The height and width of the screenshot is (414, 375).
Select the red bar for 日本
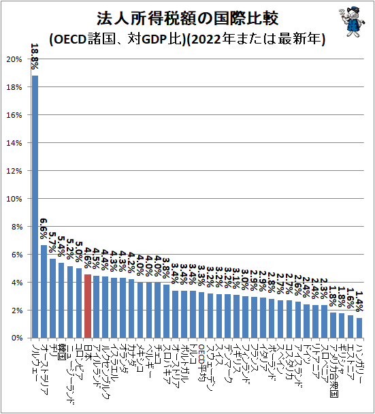(x=88, y=306)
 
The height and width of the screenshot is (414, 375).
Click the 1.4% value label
(x=359, y=301)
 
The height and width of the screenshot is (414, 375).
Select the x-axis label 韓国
(x=61, y=351)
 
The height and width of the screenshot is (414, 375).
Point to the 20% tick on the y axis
(x=14, y=59)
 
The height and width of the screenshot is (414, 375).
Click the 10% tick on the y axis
(x=14, y=199)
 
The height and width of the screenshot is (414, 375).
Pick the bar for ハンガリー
(x=359, y=328)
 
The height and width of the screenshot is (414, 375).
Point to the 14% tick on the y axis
(x=14, y=143)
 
